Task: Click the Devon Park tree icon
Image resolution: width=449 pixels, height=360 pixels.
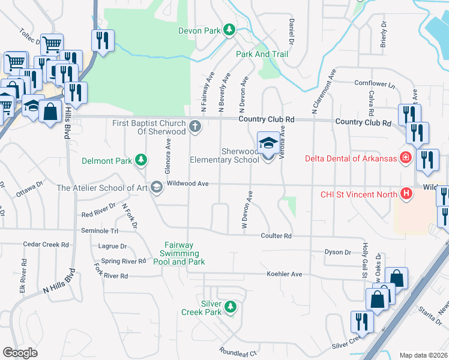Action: click(x=229, y=29)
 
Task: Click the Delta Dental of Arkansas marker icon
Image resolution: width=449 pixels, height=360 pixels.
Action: click(x=406, y=158)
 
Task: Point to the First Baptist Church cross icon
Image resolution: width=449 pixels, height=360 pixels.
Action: click(x=194, y=127)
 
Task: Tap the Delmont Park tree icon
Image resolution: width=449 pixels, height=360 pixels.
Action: click(x=140, y=160)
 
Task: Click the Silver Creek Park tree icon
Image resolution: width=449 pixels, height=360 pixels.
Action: click(x=229, y=307)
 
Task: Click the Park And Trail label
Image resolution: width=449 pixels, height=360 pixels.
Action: click(x=262, y=54)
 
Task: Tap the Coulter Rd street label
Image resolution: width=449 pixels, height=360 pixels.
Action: click(x=276, y=236)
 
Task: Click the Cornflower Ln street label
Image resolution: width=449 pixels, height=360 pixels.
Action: click(x=375, y=83)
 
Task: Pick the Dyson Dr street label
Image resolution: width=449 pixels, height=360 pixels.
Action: click(x=337, y=253)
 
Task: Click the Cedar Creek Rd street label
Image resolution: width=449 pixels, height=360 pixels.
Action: click(x=46, y=245)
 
